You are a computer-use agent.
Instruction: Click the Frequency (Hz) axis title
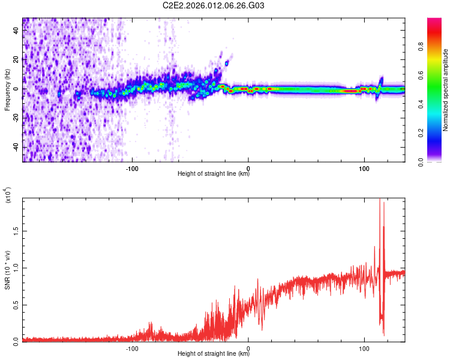click(7, 90)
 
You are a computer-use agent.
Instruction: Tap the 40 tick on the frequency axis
click(17, 31)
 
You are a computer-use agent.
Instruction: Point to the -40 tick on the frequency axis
click(15, 148)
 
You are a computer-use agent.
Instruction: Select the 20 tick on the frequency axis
click(17, 60)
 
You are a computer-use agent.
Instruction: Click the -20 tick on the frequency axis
click(15, 118)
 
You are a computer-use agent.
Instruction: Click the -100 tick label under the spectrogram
click(132, 168)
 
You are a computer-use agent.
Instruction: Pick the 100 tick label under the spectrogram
click(364, 168)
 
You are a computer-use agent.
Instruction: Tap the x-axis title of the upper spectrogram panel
click(214, 175)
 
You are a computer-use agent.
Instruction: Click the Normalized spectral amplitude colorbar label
click(446, 90)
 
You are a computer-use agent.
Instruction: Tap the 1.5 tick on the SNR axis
click(16, 230)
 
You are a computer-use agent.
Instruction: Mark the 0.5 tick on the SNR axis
click(16, 304)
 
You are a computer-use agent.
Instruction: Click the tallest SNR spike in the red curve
click(379, 200)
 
